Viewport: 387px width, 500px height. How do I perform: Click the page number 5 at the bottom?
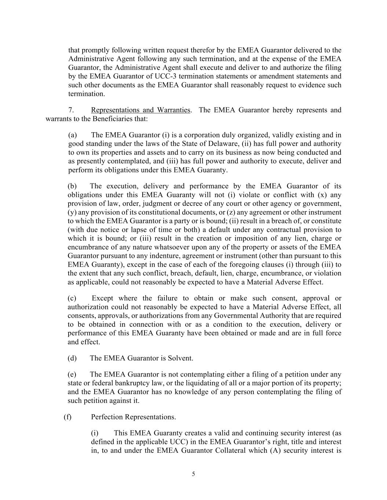[193, 474]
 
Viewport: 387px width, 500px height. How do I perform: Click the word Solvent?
[180, 358]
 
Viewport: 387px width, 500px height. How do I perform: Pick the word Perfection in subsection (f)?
[107, 417]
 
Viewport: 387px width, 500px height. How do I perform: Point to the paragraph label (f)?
[67, 417]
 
